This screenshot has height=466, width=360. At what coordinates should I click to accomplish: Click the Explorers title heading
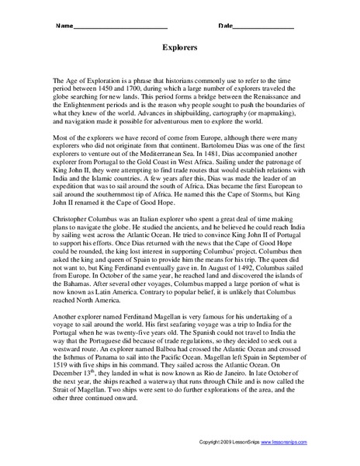[x=179, y=47]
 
